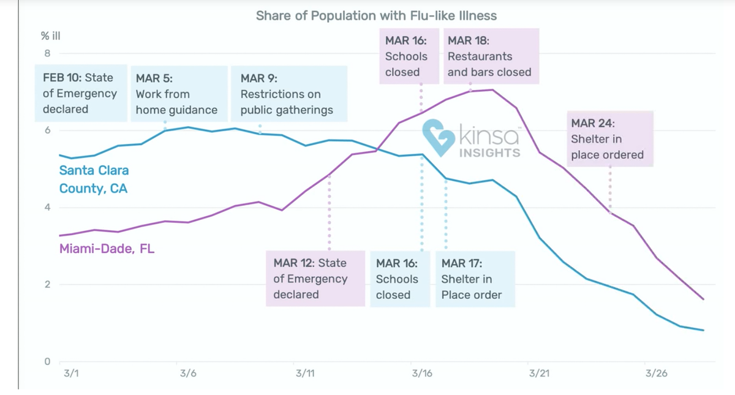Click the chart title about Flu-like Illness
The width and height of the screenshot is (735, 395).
coord(377,15)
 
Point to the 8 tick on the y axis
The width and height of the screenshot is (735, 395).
coord(47,53)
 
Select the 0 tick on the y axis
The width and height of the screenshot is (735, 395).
coord(47,361)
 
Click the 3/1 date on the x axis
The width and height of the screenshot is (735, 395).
coord(71,374)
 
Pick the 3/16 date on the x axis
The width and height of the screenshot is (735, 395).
coord(422,374)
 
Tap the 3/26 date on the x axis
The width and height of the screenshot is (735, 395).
coord(656,374)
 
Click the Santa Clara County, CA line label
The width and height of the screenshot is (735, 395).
coord(94,179)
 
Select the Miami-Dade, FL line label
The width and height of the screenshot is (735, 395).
coord(107,249)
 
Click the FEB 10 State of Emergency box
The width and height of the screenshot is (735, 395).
coord(80,93)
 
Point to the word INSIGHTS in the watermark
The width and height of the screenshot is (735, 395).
coord(489,152)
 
